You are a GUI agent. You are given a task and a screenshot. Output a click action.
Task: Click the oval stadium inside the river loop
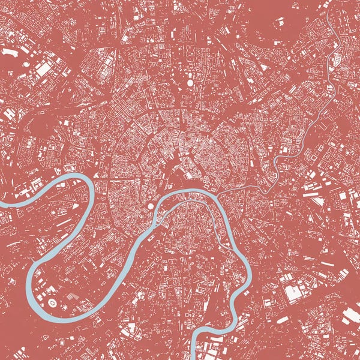click(x=52, y=303)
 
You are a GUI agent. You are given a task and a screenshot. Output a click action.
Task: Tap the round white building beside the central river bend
click(x=151, y=205)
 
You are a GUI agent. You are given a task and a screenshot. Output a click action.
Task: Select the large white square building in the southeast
click(x=293, y=293)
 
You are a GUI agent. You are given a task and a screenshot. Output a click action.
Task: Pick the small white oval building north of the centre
click(x=190, y=83)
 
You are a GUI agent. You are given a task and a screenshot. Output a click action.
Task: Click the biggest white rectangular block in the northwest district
click(x=43, y=70)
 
